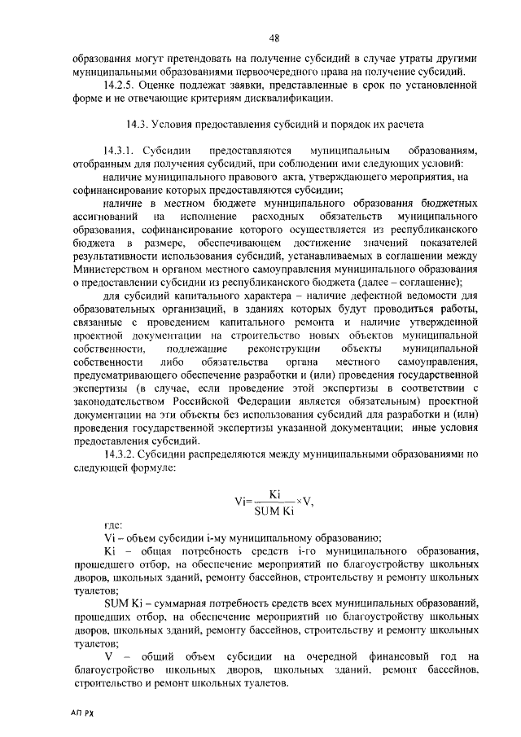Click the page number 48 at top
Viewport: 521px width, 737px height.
click(x=274, y=37)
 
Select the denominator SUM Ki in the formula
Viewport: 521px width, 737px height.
click(x=274, y=511)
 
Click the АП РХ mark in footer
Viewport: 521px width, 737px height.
click(x=82, y=712)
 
